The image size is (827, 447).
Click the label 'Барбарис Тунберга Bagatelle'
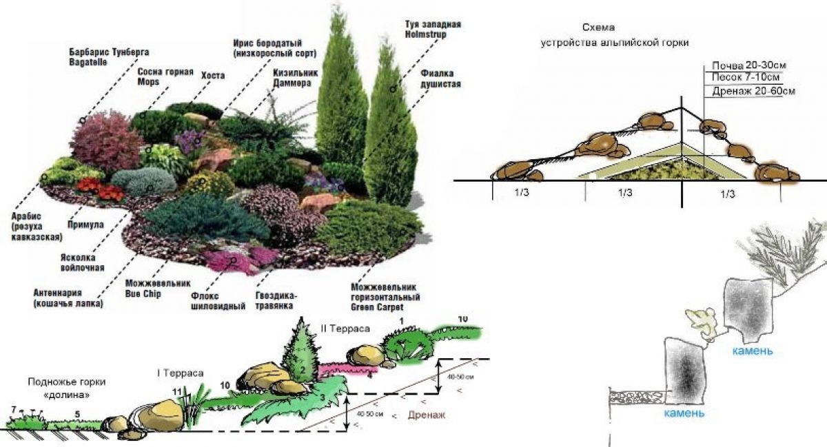(109, 56)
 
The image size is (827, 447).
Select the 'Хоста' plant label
(213, 75)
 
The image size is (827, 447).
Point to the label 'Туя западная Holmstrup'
(432, 30)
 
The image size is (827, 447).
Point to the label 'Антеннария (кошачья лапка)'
(67, 298)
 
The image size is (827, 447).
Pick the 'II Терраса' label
(345, 329)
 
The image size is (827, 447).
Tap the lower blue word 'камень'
(684, 413)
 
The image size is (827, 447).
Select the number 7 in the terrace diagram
(13, 410)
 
